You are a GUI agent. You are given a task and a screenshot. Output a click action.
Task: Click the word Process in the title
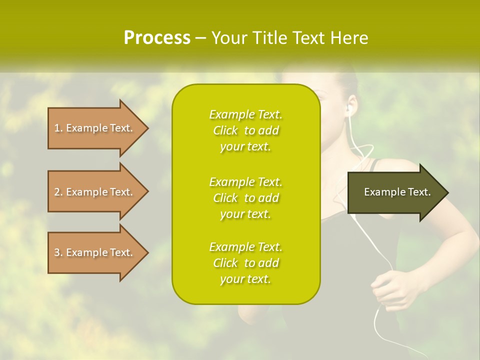pyautogui.click(x=157, y=38)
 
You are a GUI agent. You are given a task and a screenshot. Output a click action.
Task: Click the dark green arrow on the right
pyautogui.click(x=395, y=192)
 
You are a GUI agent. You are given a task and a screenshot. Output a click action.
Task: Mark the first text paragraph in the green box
pyautogui.click(x=245, y=130)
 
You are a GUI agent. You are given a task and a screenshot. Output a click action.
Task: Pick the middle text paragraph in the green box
pyautogui.click(x=245, y=198)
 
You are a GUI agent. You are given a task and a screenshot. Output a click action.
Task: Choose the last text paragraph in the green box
pyautogui.click(x=245, y=263)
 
